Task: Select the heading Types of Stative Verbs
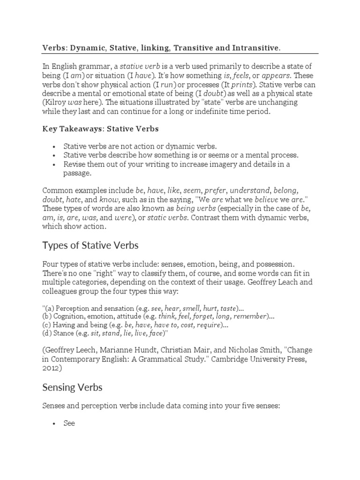click(x=90, y=245)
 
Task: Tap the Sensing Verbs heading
click(x=72, y=387)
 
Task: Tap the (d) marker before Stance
click(x=47, y=333)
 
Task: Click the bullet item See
click(x=69, y=423)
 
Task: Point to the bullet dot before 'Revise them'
click(x=54, y=164)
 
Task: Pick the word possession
click(x=272, y=265)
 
